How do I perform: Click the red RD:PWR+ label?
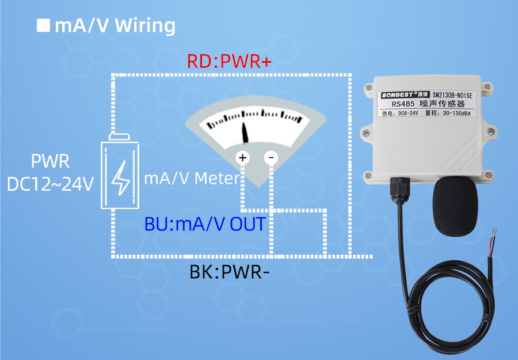229,61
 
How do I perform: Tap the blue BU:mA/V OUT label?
205,223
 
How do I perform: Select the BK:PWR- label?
230,271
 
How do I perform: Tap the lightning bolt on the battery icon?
121,176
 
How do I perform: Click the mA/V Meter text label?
191,179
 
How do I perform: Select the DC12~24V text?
50,184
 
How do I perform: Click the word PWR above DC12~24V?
50,161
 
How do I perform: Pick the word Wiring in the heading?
145,26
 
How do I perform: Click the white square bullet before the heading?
43,26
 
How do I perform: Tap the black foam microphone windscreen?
455,207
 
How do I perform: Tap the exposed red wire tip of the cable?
494,234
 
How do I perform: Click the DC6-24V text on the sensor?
405,114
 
